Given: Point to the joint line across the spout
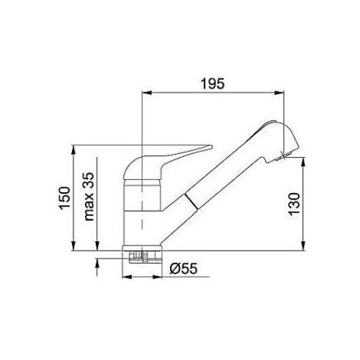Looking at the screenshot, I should pyautogui.click(x=189, y=203).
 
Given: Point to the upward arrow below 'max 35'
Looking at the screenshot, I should pyautogui.click(x=97, y=266).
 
